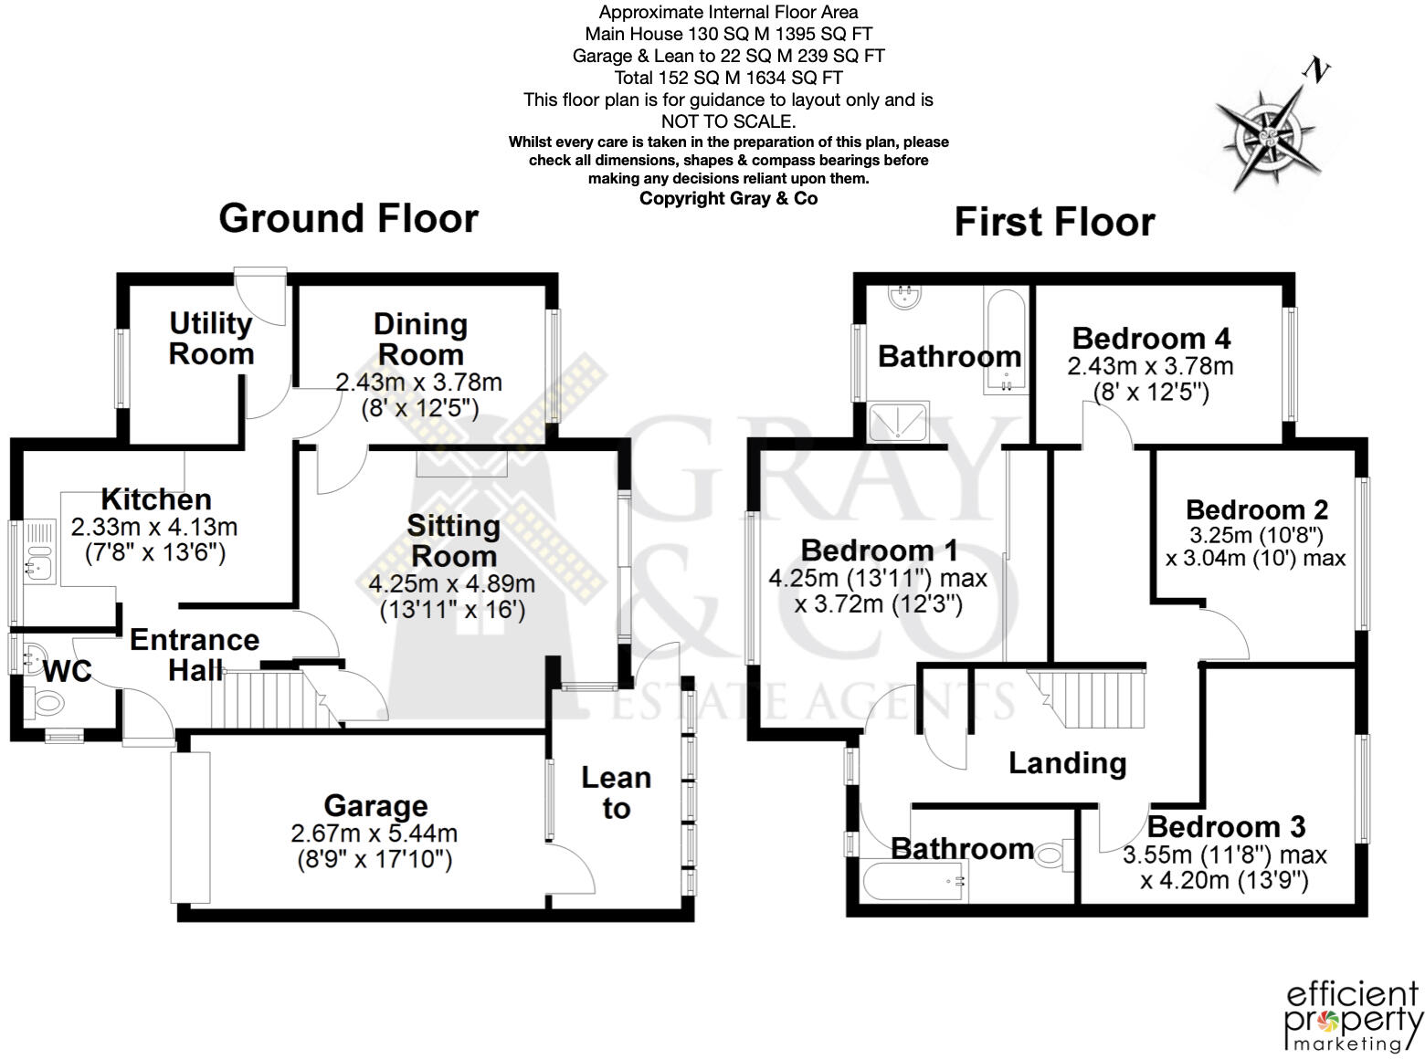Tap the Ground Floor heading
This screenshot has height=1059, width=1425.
click(348, 219)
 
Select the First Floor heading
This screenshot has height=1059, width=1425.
click(1054, 223)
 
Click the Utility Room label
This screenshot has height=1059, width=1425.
click(211, 339)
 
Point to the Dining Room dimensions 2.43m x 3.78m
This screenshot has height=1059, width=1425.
click(419, 383)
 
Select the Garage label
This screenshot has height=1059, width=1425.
click(375, 806)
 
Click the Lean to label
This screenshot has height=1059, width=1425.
click(617, 792)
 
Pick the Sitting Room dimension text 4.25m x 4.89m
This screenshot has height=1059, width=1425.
click(452, 584)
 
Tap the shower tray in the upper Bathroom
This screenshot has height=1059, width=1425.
click(898, 421)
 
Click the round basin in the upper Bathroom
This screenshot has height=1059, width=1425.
click(905, 296)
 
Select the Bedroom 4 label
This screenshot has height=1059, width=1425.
click(1151, 339)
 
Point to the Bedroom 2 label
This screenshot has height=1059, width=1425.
click(1257, 509)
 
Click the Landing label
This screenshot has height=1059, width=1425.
click(1067, 763)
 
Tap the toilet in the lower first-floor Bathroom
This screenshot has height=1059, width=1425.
click(1053, 855)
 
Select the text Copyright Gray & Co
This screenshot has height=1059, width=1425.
click(728, 199)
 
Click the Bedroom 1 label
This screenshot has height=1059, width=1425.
click(879, 550)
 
